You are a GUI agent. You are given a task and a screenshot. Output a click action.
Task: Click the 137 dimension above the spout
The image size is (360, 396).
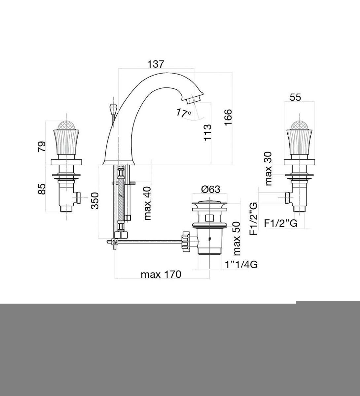(x=156, y=64)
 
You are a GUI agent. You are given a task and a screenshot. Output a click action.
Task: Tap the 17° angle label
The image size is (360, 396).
(x=184, y=113)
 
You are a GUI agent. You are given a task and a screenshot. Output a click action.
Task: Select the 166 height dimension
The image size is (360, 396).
(x=228, y=117)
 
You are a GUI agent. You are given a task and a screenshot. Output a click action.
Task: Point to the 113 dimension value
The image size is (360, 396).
(x=207, y=132)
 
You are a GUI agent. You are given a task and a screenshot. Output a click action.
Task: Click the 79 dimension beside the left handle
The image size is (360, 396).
(x=42, y=147)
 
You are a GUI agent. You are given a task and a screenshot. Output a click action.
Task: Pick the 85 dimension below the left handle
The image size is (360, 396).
(x=42, y=189)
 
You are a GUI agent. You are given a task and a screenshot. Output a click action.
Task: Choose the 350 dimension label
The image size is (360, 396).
(x=95, y=201)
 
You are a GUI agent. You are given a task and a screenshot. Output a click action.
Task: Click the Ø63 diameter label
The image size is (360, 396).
(x=211, y=189)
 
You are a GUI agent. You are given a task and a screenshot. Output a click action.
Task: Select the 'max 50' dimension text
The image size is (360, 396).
(x=236, y=239)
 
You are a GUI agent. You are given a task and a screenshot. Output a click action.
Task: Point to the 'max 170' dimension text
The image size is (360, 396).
(x=161, y=275)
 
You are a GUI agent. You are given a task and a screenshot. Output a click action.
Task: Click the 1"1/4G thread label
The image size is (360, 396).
(x=241, y=264)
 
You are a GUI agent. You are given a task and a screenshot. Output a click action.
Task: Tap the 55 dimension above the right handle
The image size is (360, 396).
(x=296, y=97)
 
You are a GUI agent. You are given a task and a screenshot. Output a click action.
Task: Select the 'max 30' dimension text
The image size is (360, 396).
(x=268, y=169)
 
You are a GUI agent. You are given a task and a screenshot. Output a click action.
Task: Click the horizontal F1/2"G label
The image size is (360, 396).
(x=281, y=223)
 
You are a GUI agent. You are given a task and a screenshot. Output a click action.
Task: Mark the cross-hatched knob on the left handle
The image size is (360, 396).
(x=66, y=125)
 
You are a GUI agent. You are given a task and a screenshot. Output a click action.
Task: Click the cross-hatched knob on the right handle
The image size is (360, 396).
(x=299, y=125)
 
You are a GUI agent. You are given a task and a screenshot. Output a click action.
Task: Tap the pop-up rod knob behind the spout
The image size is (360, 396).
(x=113, y=109)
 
